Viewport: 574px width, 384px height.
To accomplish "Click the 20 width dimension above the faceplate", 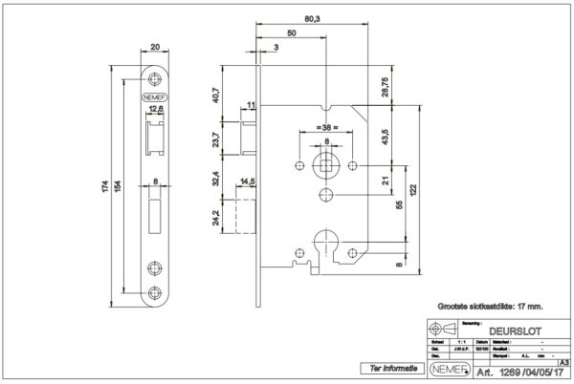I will tap(155, 44).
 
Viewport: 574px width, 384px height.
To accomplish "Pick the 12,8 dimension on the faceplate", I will tap(154, 111).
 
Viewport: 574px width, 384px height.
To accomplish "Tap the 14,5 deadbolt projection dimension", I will tap(247, 181).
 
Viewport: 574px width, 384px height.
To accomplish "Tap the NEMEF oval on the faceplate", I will tap(155, 96).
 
